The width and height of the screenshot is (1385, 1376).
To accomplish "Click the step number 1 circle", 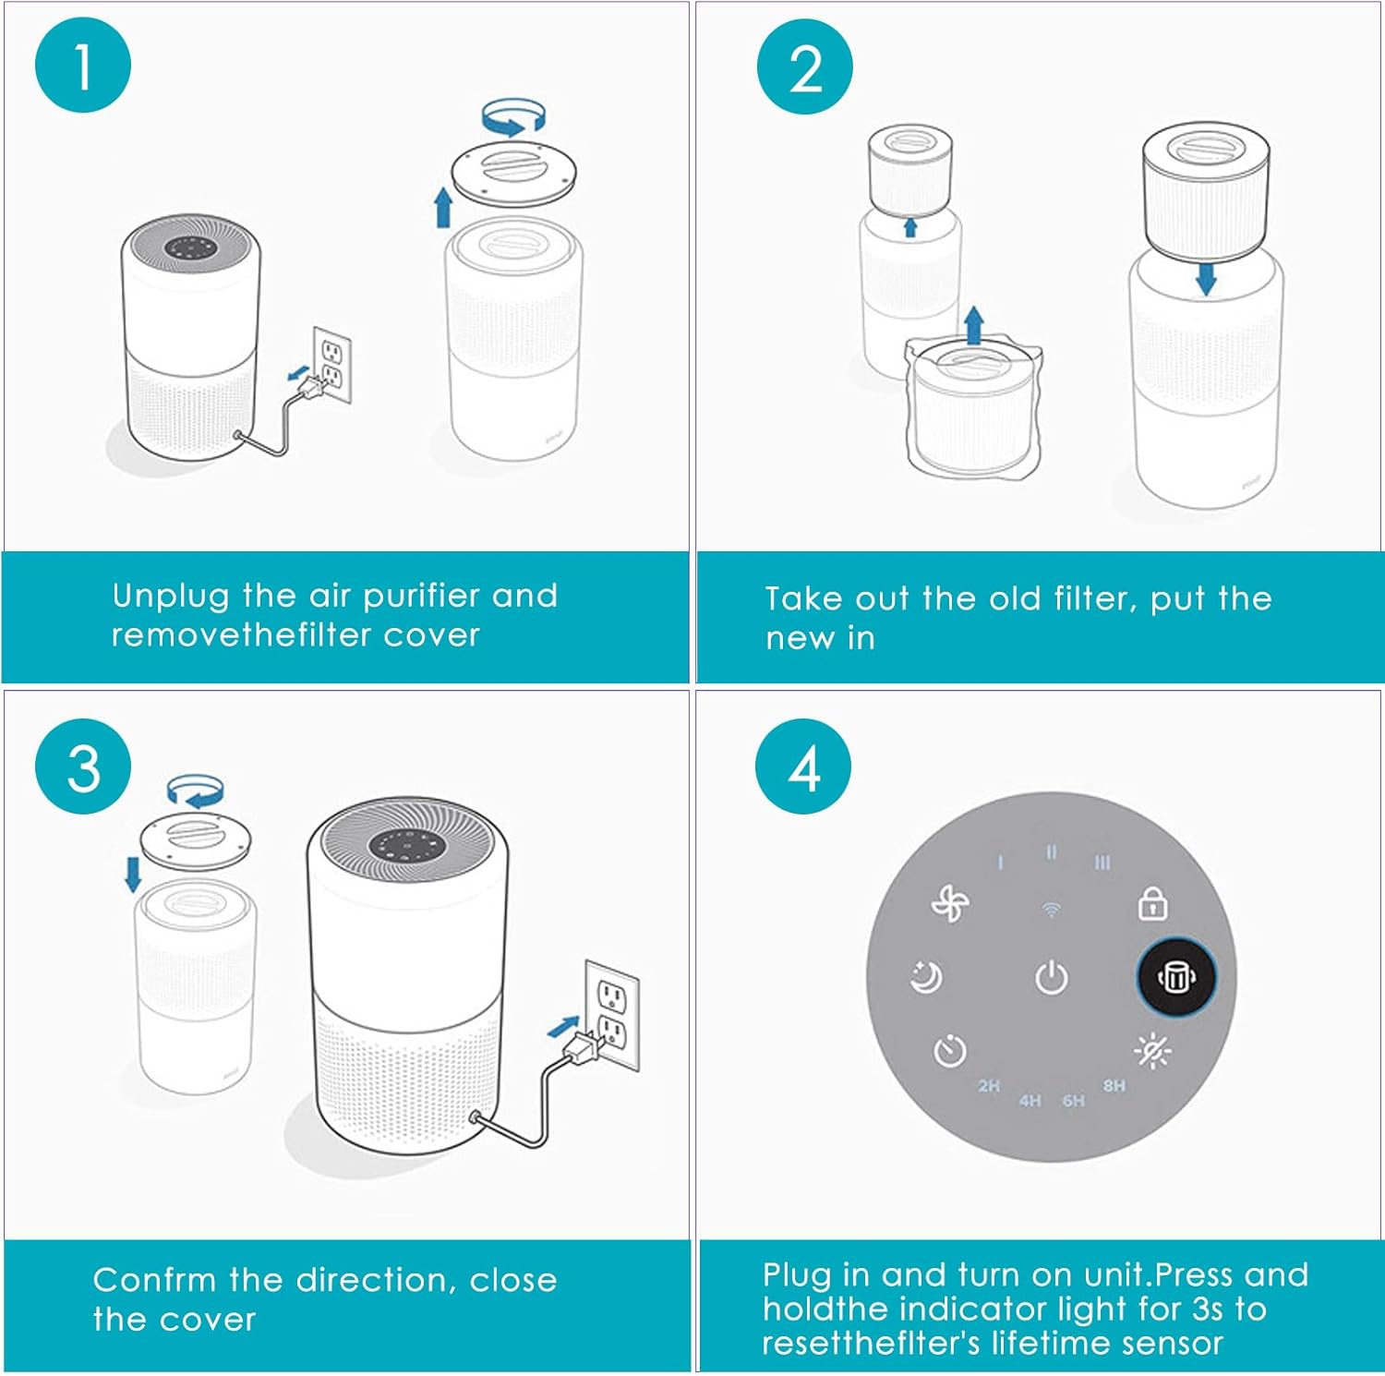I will pos(83,66).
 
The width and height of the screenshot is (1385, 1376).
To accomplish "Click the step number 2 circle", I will pos(804,67).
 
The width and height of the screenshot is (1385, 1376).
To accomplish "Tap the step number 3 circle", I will pos(83,766).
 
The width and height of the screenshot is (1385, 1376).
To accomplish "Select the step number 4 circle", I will pos(803,766).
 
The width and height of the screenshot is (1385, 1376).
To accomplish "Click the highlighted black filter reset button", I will pos(1175,977).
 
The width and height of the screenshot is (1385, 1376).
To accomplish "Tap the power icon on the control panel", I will pos(1051,977).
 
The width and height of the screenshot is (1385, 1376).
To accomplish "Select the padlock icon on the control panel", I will pos(1152,903).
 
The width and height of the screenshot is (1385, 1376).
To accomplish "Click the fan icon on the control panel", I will pos(949,903).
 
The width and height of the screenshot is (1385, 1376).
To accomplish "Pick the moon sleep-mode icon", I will pos(925,977).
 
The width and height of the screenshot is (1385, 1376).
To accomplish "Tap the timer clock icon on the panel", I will pos(949,1051).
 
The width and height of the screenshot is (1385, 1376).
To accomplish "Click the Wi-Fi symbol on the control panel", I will pos(1051,911).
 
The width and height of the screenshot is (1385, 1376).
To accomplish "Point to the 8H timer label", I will pos(1114,1085).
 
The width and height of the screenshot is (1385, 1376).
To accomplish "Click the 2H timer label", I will pos(989,1085).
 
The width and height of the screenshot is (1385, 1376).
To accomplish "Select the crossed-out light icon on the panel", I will pos(1152,1051).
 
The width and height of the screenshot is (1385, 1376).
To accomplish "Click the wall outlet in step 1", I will pos(331,365).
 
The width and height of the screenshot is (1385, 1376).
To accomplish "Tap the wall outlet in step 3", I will pos(612,1014).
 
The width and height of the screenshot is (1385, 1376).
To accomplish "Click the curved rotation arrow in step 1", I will pos(513,116).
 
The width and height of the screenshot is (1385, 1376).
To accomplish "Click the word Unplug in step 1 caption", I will pos(170,597).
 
